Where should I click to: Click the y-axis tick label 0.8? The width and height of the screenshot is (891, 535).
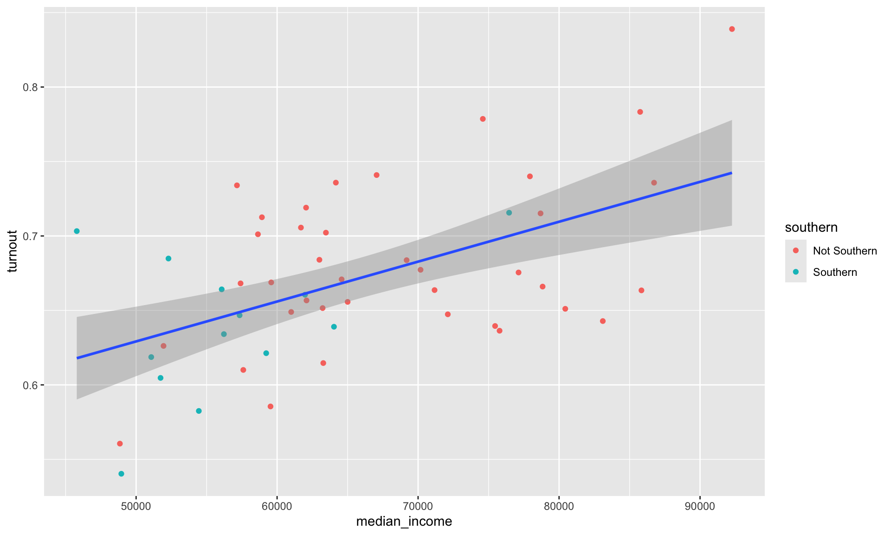click(30, 87)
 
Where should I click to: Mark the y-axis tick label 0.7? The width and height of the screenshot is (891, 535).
click(30, 236)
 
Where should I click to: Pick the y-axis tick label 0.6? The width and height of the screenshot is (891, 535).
click(30, 385)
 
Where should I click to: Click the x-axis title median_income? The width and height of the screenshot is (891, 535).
click(404, 522)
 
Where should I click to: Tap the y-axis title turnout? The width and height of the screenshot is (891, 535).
click(13, 251)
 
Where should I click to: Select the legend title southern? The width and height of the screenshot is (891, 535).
click(811, 228)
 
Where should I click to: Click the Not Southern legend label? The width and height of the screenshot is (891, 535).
click(845, 251)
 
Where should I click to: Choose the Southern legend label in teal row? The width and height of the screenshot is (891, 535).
click(835, 272)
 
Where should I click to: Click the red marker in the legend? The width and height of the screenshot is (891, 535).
click(795, 251)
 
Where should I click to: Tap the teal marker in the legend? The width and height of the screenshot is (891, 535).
click(795, 272)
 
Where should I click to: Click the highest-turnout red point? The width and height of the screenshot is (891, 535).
click(732, 29)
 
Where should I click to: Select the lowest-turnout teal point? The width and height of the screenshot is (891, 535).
click(121, 474)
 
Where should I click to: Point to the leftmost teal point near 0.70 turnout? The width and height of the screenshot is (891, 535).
click(77, 231)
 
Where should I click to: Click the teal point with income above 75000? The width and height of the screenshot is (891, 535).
click(509, 213)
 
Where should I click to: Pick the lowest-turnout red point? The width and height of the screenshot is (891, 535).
click(120, 444)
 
